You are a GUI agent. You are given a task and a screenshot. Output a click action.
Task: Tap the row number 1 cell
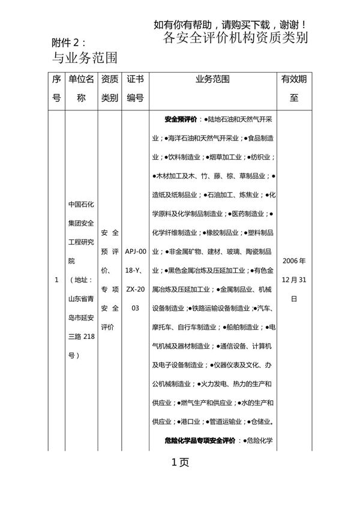coord(56,280)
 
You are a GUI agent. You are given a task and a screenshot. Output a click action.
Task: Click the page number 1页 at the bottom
coord(180,463)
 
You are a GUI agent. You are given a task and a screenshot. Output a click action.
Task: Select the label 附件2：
coord(70,43)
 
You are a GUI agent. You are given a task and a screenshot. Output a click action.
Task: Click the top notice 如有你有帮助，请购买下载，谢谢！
coord(231,25)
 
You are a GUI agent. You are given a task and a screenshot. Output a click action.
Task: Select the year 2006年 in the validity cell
coord(294,262)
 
